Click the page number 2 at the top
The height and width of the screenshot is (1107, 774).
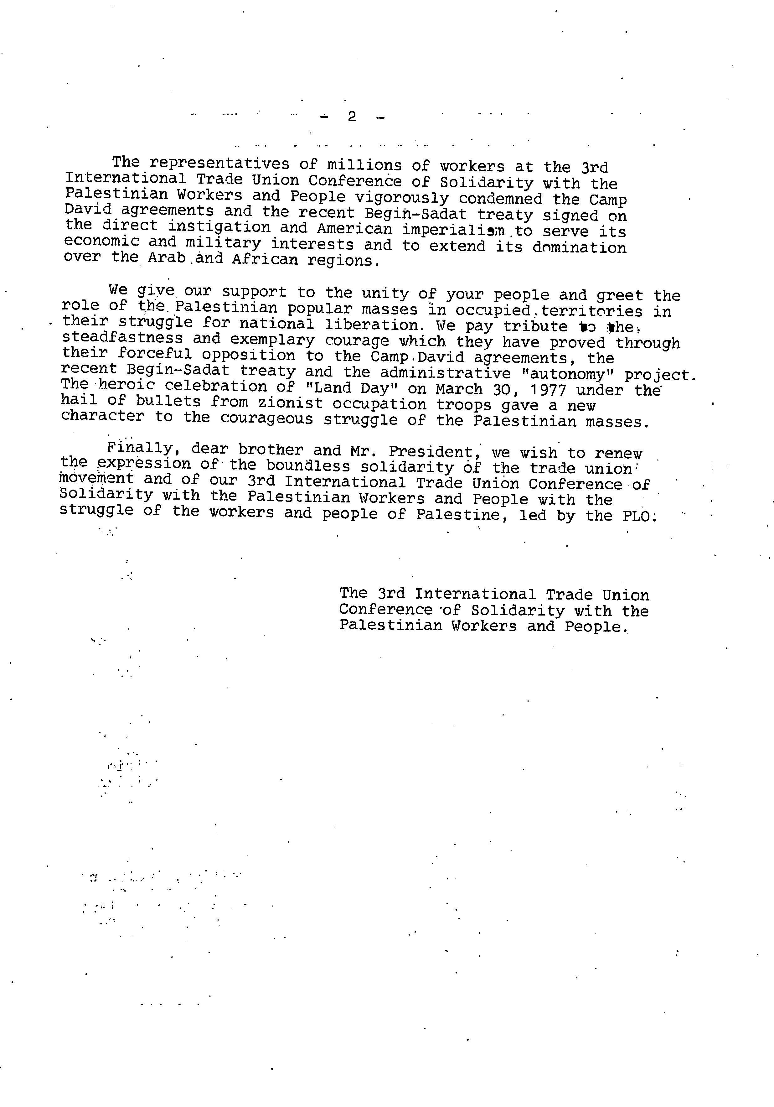352,117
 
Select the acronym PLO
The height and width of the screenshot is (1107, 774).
638,516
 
